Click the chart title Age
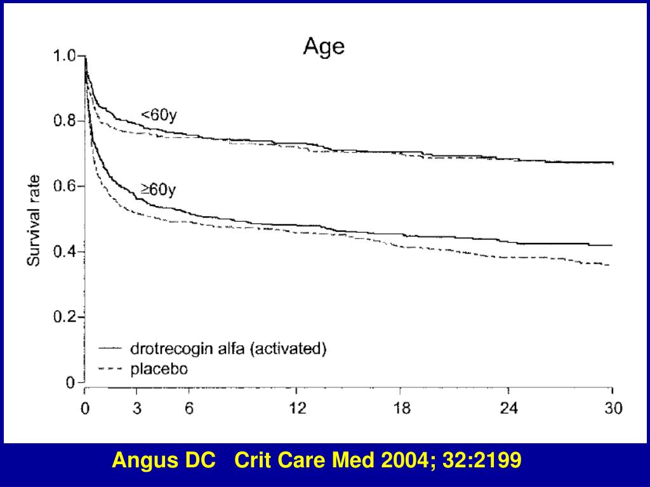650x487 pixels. pos(324,47)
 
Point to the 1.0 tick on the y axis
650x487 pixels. pos(63,56)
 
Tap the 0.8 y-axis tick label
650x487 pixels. pos(63,122)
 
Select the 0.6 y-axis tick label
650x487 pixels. pos(63,187)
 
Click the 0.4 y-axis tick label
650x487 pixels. pos(63,252)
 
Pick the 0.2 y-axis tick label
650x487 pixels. pos(63,318)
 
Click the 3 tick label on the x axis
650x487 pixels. pos(137,408)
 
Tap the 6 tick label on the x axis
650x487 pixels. pos(189,408)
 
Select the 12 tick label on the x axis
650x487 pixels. pos(296,408)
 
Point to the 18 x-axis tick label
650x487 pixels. pos(402,408)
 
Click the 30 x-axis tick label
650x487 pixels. pos(613,408)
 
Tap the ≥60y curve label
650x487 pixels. pos(157,189)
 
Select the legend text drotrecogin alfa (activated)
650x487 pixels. pos(228,349)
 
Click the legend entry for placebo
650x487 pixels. pos(159,368)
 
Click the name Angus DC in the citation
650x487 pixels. pos(163,460)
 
